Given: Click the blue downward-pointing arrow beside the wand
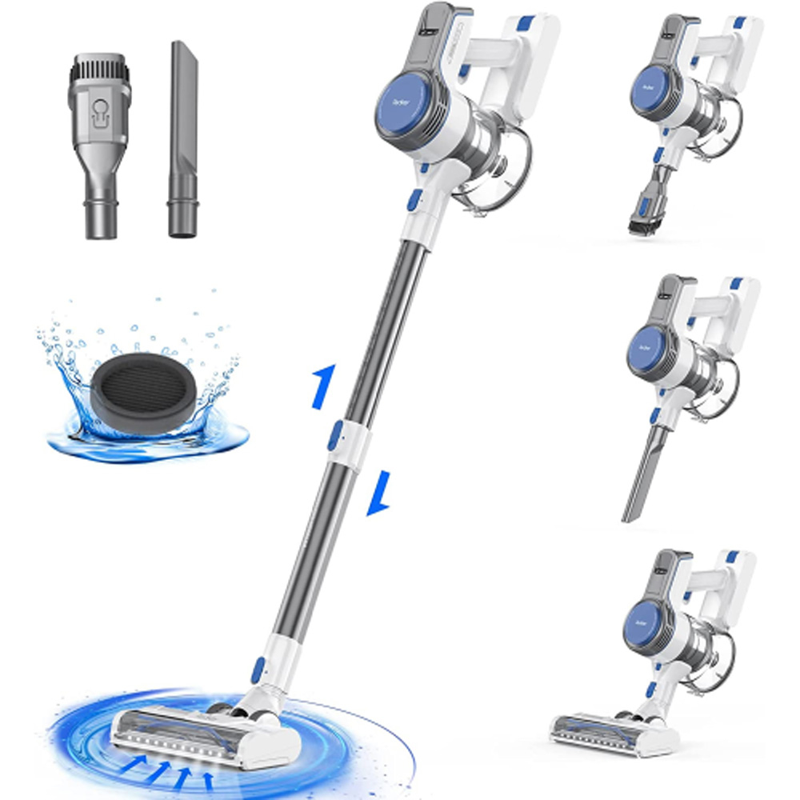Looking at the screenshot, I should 378,492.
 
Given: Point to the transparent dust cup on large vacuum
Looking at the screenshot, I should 492,168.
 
